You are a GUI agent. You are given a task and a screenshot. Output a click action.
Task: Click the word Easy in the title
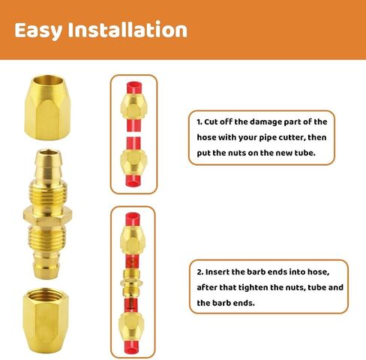tap(38, 31)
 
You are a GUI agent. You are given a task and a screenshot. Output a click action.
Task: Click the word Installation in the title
tap(127, 29)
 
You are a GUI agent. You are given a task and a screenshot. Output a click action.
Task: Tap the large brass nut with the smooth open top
tap(47, 107)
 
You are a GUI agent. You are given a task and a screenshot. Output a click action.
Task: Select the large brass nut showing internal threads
tap(46, 321)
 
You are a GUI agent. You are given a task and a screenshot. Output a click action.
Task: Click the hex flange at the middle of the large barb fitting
tap(48, 216)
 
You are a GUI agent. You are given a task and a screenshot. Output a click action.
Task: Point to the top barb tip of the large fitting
tap(48, 152)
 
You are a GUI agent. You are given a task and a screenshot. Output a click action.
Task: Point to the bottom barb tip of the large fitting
tap(46, 275)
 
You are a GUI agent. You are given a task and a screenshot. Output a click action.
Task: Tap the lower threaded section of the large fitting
tap(47, 238)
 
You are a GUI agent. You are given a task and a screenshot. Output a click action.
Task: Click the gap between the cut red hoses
tap(133, 134)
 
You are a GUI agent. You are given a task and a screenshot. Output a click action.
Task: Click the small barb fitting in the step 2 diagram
tap(131, 283)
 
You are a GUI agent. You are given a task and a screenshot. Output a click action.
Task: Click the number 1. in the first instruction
tap(199, 122)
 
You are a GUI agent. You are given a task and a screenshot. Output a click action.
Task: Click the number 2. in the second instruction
tap(199, 272)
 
